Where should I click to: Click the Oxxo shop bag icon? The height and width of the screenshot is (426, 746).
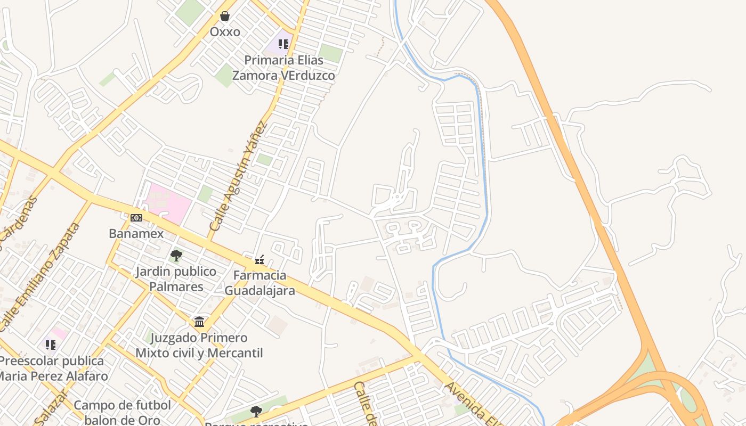tap(225, 17)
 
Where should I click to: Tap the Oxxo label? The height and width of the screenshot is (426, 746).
tap(225, 32)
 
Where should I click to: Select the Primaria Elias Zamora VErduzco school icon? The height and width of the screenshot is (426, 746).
tap(283, 44)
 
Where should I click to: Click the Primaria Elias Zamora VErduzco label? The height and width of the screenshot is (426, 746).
tap(283, 68)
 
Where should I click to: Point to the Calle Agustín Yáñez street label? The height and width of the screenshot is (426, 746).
tap(238, 176)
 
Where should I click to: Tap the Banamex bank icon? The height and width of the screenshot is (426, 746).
tap(136, 218)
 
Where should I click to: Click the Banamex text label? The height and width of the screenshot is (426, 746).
tap(136, 233)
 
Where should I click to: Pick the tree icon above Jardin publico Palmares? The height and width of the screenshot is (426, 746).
tap(176, 256)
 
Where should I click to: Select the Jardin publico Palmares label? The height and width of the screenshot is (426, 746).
tap(176, 279)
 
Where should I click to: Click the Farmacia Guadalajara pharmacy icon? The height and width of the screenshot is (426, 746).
tap(260, 260)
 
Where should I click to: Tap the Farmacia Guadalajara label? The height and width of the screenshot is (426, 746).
tap(260, 283)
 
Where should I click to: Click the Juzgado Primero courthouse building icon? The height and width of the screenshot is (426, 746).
tap(199, 322)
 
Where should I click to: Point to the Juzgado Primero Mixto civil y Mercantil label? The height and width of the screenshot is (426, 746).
tap(199, 345)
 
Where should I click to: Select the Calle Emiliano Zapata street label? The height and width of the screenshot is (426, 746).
tap(40, 276)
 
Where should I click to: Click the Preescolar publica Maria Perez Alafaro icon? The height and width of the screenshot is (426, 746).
tap(51, 345)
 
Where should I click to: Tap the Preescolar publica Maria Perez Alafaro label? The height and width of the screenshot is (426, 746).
tap(52, 368)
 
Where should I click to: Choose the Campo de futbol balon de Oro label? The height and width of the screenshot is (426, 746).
tap(123, 412)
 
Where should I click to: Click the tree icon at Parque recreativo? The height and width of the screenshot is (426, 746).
tap(256, 411)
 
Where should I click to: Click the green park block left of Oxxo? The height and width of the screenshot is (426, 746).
tap(190, 11)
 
